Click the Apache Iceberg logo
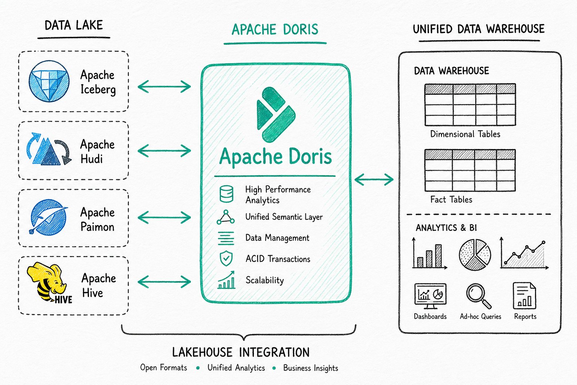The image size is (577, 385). click(49, 81)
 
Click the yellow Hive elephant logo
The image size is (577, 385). click(49, 283)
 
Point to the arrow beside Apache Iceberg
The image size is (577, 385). click(164, 86)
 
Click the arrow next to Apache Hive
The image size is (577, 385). click(164, 282)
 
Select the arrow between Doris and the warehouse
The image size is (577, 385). click(374, 179)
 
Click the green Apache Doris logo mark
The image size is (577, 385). click(276, 115)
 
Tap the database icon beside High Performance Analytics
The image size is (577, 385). click(227, 194)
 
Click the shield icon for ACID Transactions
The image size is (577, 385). click(226, 258)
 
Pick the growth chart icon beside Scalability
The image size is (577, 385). click(227, 279)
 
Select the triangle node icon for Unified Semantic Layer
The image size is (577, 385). click(226, 217)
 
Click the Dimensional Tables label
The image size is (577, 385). click(465, 134)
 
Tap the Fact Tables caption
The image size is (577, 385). click(451, 200)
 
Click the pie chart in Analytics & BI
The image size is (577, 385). click(475, 255)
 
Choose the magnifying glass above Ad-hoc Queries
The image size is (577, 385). click(479, 296)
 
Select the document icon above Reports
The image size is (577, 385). click(524, 296)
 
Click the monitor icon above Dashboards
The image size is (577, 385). click(430, 296)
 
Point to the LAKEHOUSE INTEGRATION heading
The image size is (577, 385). click(241, 352)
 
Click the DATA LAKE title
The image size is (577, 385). click(74, 25)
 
